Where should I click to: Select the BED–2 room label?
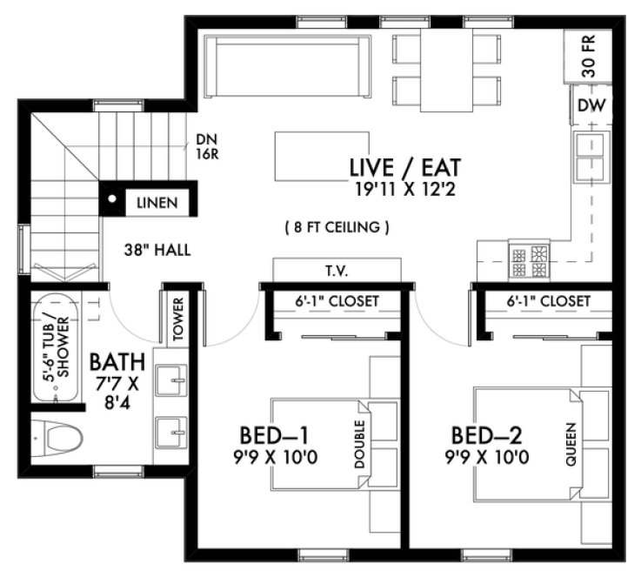(485, 433)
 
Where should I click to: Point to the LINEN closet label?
(157, 203)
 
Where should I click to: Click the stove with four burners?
(529, 257)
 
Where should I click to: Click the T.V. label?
(337, 271)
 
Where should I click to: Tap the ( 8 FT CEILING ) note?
(337, 228)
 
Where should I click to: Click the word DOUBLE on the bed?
(359, 446)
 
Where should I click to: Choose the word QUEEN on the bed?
(571, 446)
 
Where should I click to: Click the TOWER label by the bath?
(178, 319)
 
